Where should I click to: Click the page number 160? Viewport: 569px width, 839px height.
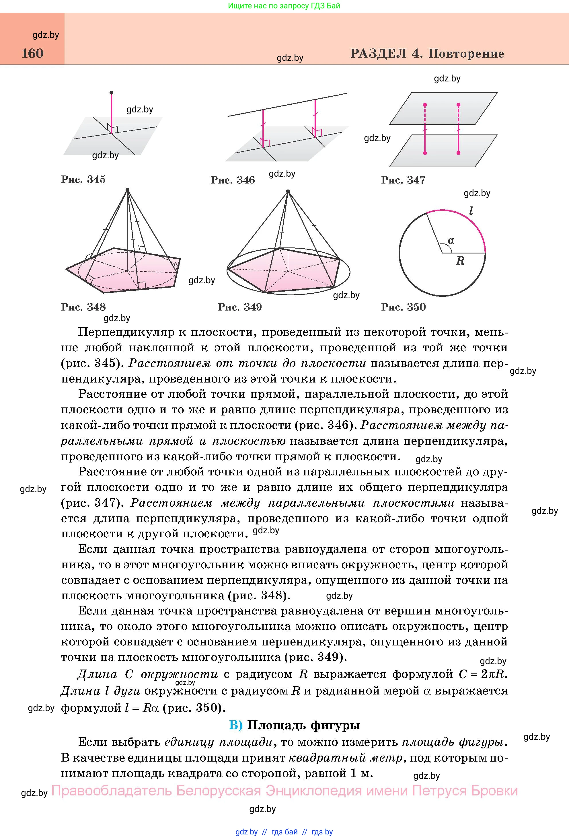tap(32, 53)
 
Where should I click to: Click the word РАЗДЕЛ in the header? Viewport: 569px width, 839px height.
tap(378, 53)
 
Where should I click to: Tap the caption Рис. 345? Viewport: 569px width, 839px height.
tap(83, 179)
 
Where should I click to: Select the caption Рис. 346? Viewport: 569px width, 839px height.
tap(233, 180)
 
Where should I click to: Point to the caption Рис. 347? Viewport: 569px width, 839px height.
tap(403, 180)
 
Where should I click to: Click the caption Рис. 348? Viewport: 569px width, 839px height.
tap(83, 307)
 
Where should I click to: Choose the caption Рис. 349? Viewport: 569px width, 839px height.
tap(240, 307)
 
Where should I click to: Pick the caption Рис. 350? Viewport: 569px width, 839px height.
tap(403, 307)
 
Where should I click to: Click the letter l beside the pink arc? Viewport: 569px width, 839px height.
tap(471, 210)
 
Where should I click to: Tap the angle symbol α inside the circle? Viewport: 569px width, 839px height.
tap(451, 241)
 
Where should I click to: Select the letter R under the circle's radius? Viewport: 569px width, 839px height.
tap(460, 261)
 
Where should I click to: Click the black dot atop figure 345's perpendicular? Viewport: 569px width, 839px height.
tap(111, 93)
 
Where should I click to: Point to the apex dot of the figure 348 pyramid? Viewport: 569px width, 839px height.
tap(127, 190)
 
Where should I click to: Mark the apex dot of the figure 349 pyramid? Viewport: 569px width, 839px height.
tap(288, 191)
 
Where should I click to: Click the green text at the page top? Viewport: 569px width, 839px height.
tap(284, 6)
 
